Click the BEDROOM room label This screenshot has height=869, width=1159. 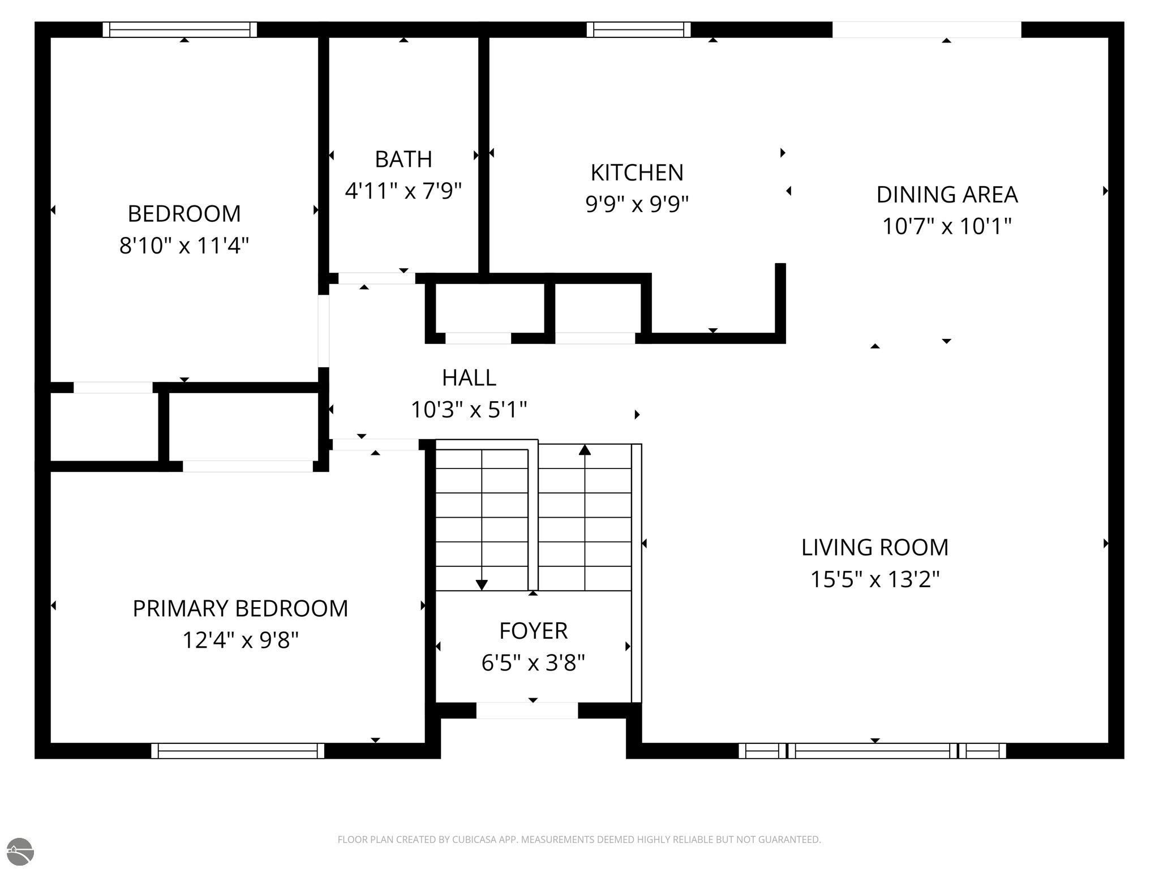coord(184,214)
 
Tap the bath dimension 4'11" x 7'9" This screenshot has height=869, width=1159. coord(403,191)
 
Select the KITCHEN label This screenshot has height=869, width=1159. coord(637,173)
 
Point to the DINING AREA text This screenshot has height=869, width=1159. coord(947,195)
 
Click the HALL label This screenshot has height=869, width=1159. coord(469,378)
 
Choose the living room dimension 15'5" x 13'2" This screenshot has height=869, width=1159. coord(875,579)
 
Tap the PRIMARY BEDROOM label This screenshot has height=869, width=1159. coord(241,609)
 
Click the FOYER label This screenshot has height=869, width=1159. coord(533,631)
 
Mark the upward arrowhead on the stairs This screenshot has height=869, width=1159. coord(585,449)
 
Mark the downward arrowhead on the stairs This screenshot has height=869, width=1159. coord(482,585)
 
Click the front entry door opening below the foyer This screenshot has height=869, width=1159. coord(527,711)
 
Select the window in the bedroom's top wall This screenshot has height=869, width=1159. coord(180,29)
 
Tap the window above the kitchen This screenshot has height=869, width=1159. coord(638,29)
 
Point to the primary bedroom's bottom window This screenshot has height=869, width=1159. coord(238,751)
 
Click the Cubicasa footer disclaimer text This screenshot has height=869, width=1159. coord(579,840)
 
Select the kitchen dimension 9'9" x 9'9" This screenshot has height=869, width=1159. coord(637,204)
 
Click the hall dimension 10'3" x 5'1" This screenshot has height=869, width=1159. coord(469,410)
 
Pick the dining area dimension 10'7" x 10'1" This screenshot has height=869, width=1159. coord(947,226)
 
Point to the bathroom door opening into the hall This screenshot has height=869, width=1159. coord(377,278)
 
